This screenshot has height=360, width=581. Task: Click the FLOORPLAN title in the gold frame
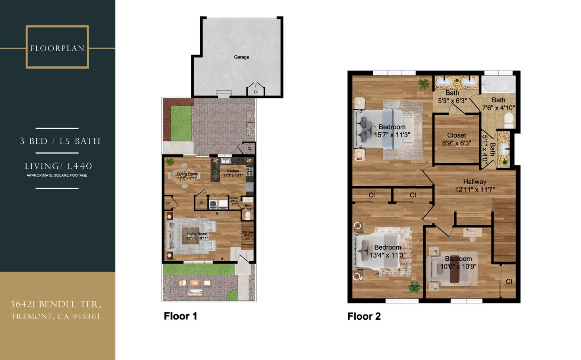(x=57, y=48)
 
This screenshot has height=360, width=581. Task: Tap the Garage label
(x=241, y=57)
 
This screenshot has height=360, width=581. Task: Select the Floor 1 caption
(x=180, y=316)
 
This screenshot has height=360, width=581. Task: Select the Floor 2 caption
(x=364, y=316)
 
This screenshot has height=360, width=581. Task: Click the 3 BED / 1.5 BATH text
(x=60, y=141)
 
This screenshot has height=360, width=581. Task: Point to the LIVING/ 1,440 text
(x=59, y=166)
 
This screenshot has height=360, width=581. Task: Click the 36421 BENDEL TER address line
(x=56, y=304)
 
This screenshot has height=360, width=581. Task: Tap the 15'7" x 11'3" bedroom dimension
(x=392, y=135)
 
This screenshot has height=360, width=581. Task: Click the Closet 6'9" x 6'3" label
(x=456, y=139)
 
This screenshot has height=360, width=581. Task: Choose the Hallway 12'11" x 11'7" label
(x=474, y=185)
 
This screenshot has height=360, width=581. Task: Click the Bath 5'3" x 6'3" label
(x=452, y=97)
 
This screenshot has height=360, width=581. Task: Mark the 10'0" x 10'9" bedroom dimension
(x=458, y=266)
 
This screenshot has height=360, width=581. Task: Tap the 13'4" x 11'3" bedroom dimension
(x=387, y=255)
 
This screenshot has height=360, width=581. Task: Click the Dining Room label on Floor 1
(x=187, y=174)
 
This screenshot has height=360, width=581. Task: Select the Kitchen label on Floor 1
(x=233, y=171)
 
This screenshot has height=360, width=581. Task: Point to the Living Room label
(x=197, y=234)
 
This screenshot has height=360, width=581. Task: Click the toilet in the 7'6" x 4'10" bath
(x=509, y=120)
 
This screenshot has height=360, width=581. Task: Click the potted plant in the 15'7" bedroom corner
(x=424, y=84)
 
